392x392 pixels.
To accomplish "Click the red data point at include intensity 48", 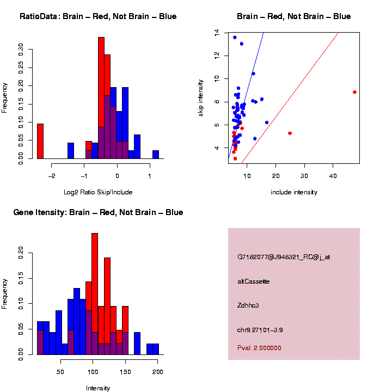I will pyautogui.click(x=354, y=92).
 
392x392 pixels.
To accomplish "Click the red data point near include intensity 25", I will pyautogui.click(x=290, y=133).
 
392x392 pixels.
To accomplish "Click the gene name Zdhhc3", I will pyautogui.click(x=248, y=305).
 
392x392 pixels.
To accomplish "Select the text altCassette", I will pyautogui.click(x=254, y=281).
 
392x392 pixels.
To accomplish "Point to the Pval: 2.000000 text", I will pyautogui.click(x=259, y=348).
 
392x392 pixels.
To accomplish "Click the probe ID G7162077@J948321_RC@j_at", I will pyautogui.click(x=284, y=257).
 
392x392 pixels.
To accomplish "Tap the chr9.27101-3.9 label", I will pyautogui.click(x=260, y=330).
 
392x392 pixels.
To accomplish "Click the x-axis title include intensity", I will pyautogui.click(x=293, y=192).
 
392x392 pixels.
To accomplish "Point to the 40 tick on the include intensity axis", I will pyautogui.click(x=333, y=176).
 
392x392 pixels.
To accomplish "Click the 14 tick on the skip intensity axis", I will pyautogui.click(x=217, y=33).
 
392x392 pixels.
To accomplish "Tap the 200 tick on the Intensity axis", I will pyautogui.click(x=158, y=372).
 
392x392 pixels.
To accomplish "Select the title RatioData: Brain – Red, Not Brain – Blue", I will pyautogui.click(x=98, y=16).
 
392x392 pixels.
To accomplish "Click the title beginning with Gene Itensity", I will pyautogui.click(x=98, y=212).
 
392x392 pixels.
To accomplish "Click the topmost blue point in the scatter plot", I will pyautogui.click(x=235, y=38).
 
